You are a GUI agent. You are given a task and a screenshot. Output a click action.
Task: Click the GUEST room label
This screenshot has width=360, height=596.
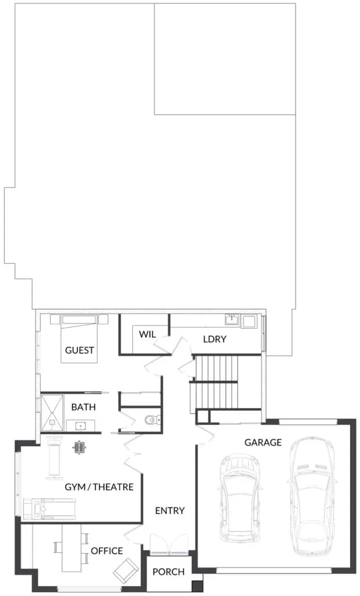(79, 350)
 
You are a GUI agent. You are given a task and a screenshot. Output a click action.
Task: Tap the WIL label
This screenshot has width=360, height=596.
(147, 335)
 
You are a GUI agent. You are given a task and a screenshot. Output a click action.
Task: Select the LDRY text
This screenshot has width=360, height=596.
(215, 339)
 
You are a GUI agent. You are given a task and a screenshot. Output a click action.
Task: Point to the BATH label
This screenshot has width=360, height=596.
(84, 407)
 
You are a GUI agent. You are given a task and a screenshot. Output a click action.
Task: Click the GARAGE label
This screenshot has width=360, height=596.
(263, 442)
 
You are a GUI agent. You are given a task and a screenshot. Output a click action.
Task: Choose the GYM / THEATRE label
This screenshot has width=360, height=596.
(99, 487)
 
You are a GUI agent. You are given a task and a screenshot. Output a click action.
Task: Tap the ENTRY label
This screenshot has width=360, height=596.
(170, 510)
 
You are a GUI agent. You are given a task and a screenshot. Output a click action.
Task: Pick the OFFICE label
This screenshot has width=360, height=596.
(106, 551)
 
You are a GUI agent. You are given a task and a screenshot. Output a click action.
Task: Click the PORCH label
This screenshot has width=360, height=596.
(169, 572)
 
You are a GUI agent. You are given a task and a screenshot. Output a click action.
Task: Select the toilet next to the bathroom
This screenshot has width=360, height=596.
(152, 420)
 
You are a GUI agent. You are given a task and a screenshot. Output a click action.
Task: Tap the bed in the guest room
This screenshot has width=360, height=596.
(79, 338)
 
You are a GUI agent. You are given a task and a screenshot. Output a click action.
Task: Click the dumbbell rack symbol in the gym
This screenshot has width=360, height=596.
(79, 448)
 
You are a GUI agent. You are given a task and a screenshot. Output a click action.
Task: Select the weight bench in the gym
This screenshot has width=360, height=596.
(54, 459)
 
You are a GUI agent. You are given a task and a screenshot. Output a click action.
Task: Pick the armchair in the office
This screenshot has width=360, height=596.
(126, 570)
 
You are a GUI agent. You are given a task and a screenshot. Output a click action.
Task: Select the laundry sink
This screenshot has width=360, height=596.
(231, 320)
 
